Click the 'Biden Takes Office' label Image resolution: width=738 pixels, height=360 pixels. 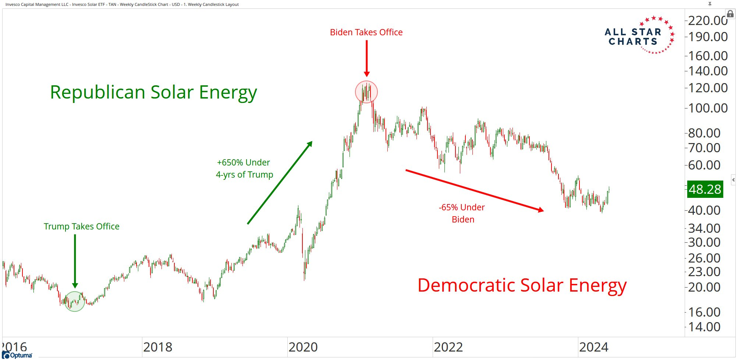(x=366, y=32)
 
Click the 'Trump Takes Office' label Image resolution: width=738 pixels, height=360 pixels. (x=81, y=227)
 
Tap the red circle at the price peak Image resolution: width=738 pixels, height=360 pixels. (x=366, y=92)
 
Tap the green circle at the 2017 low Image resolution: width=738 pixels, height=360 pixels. (x=75, y=302)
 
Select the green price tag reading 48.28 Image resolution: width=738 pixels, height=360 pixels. (x=705, y=189)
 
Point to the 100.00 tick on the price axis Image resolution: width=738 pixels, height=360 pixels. (x=707, y=108)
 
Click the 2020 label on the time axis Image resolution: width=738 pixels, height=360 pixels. (x=303, y=347)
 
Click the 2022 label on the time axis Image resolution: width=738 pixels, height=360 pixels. (x=448, y=347)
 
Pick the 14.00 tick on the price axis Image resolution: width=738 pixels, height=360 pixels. (x=704, y=327)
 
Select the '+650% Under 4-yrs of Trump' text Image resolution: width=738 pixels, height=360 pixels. (x=244, y=168)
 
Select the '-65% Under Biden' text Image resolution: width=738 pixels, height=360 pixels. (x=462, y=213)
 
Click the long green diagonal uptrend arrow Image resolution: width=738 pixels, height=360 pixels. (x=280, y=183)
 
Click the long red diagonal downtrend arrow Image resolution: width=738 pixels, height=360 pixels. (x=475, y=190)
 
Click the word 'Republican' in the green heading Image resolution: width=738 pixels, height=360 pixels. (x=97, y=92)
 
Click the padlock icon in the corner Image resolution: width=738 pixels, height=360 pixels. (x=730, y=14)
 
